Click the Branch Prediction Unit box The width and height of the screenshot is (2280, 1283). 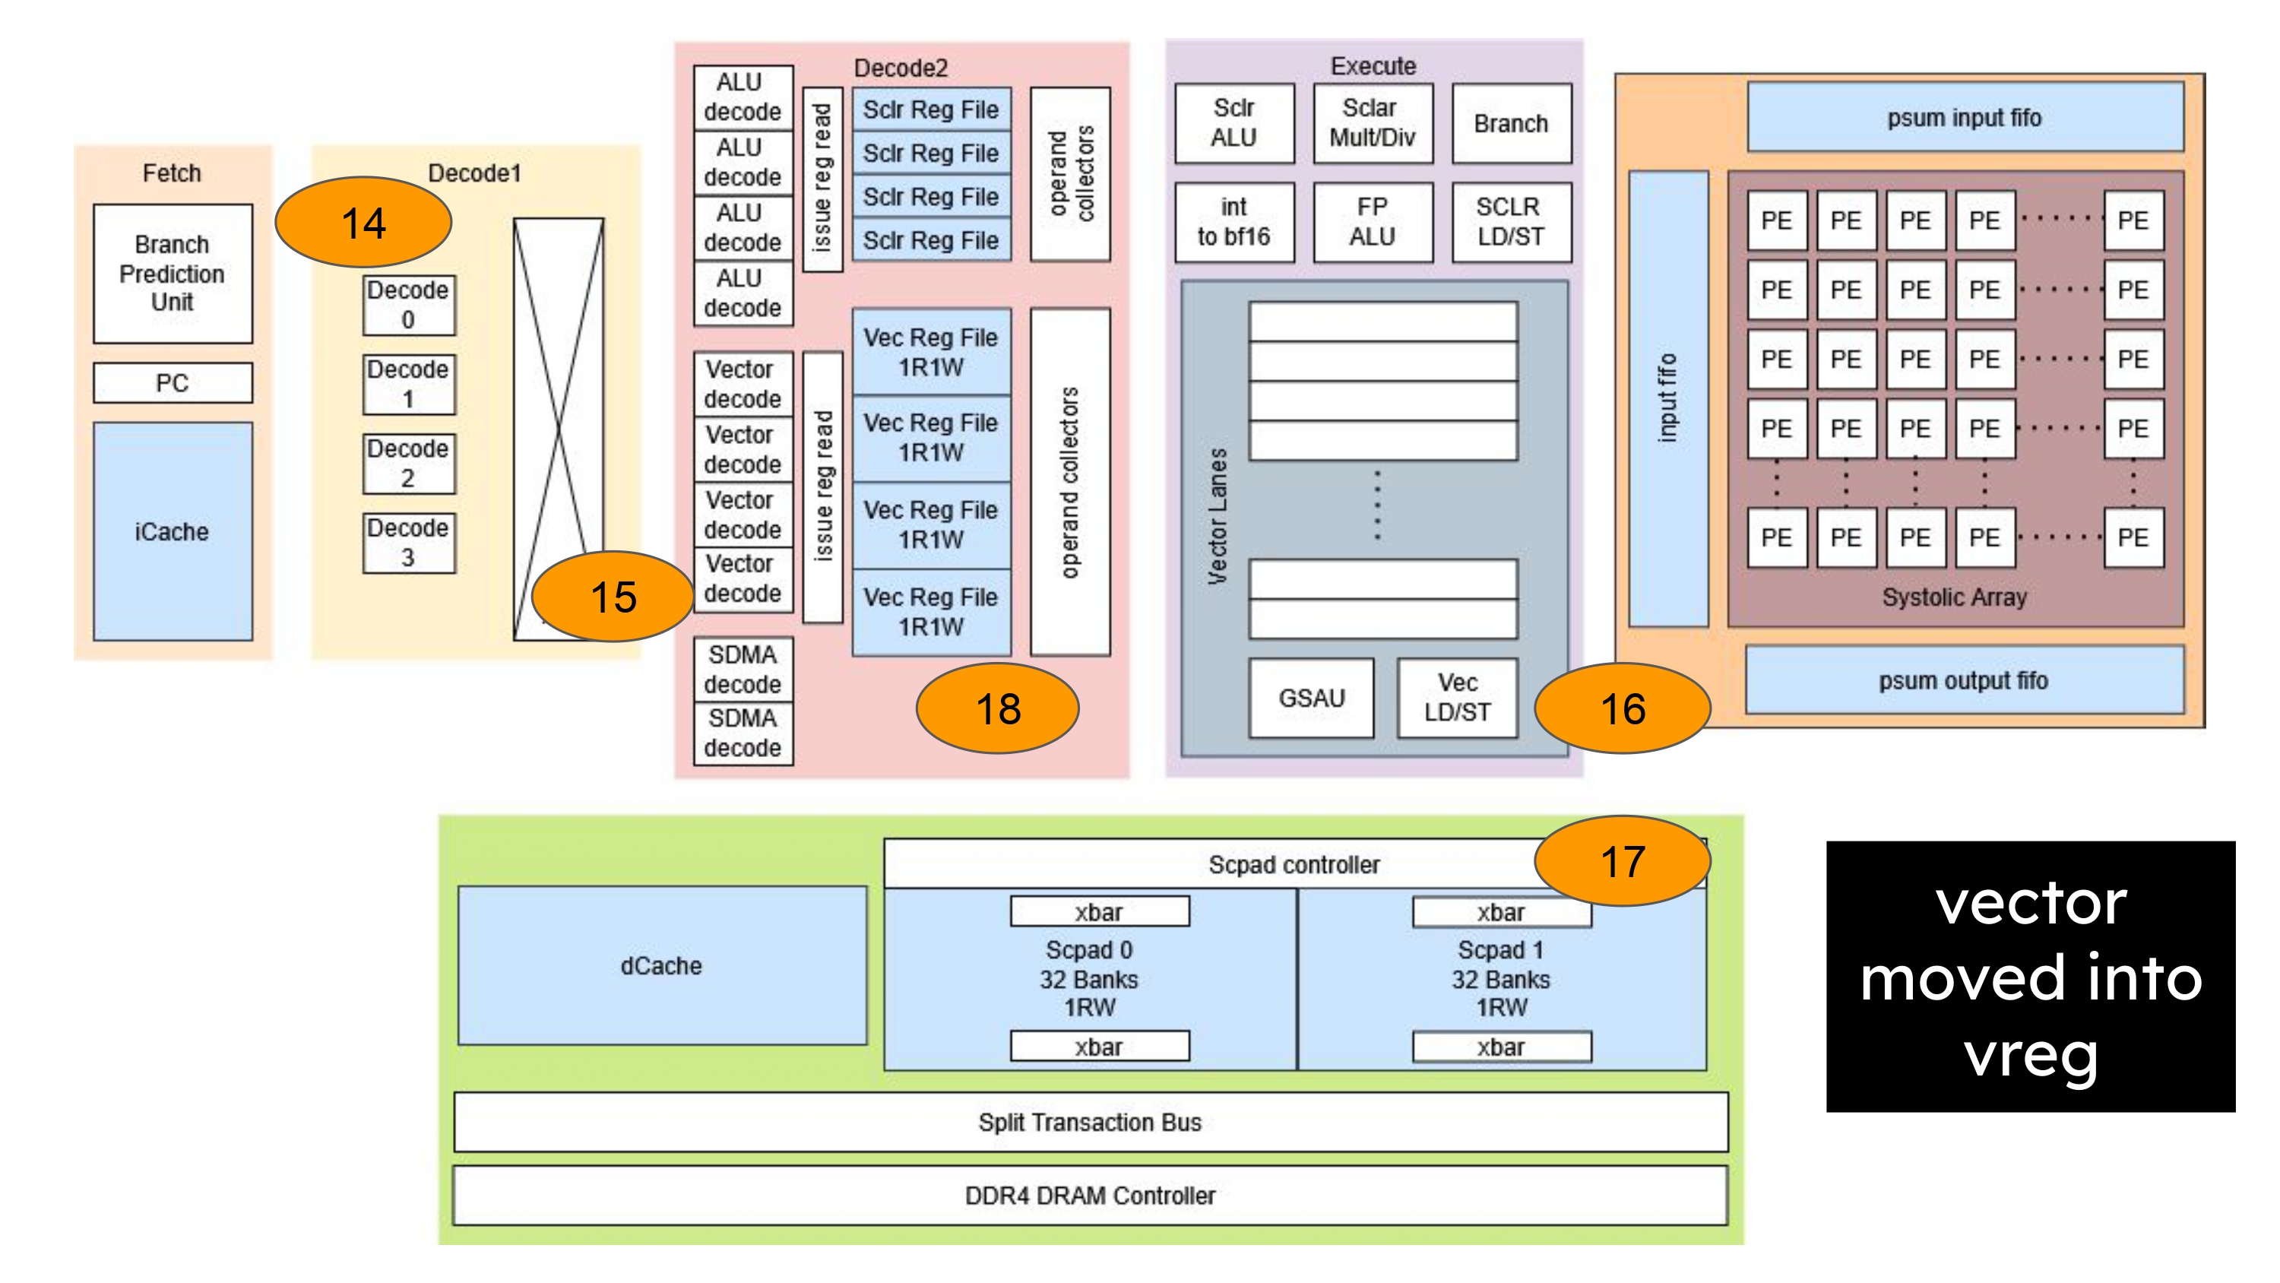pos(173,273)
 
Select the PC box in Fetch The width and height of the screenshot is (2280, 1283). pos(173,382)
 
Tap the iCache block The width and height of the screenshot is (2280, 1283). pos(173,531)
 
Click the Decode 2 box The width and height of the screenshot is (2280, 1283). pos(408,463)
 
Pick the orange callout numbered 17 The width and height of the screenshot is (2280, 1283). pos(1623,860)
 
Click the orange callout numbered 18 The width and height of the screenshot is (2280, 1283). pos(997,708)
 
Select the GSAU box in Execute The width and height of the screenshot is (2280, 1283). pos(1311,698)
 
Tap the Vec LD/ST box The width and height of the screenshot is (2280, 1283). pos(1457,698)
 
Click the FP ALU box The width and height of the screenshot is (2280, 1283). pos(1372,221)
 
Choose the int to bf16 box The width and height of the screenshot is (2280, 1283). pos(1233,221)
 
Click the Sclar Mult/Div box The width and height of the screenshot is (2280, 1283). pos(1372,123)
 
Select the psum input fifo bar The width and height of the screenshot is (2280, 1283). pos(1964,117)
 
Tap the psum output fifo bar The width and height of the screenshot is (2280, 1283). pos(1964,680)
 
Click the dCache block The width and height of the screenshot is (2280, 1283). pos(661,965)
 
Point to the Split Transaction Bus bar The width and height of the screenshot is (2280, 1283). pos(1090,1122)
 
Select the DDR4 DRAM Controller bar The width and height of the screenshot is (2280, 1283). pos(1090,1196)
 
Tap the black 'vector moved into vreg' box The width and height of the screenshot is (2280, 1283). pos(2031,976)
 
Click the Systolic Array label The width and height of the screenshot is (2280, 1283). pos(1954,597)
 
